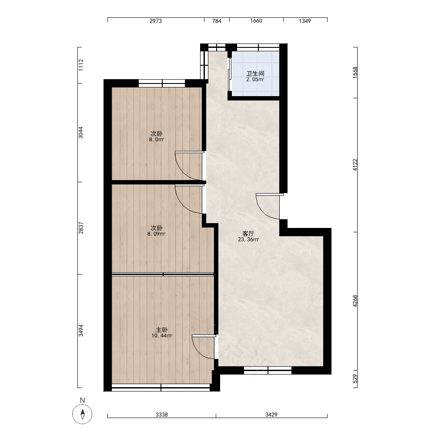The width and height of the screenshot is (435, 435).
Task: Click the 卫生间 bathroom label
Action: point(255,74)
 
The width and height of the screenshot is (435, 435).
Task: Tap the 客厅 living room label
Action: point(248,234)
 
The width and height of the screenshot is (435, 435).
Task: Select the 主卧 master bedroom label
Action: point(162,330)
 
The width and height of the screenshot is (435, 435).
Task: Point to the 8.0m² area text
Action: point(157,140)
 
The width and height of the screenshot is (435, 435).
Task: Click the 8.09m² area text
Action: point(157,234)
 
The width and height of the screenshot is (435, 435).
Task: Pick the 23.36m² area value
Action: point(248,239)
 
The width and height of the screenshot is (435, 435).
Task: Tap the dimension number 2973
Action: point(156,21)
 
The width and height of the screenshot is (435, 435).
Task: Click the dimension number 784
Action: point(217,21)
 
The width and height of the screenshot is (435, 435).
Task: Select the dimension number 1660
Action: point(256,21)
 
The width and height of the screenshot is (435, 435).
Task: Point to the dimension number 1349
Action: point(305,21)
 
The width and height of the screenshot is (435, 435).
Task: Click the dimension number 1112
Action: point(81,65)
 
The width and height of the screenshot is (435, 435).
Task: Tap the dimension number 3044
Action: point(81,133)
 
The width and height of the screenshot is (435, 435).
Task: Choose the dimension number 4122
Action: point(355,165)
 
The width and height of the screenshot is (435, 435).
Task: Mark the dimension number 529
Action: point(355,379)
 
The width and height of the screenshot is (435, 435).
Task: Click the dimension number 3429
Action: point(271,415)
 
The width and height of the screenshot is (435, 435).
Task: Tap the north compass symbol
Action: point(82,414)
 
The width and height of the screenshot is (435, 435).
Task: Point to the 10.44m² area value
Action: point(162,336)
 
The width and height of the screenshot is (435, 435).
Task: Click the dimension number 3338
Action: point(162,415)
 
